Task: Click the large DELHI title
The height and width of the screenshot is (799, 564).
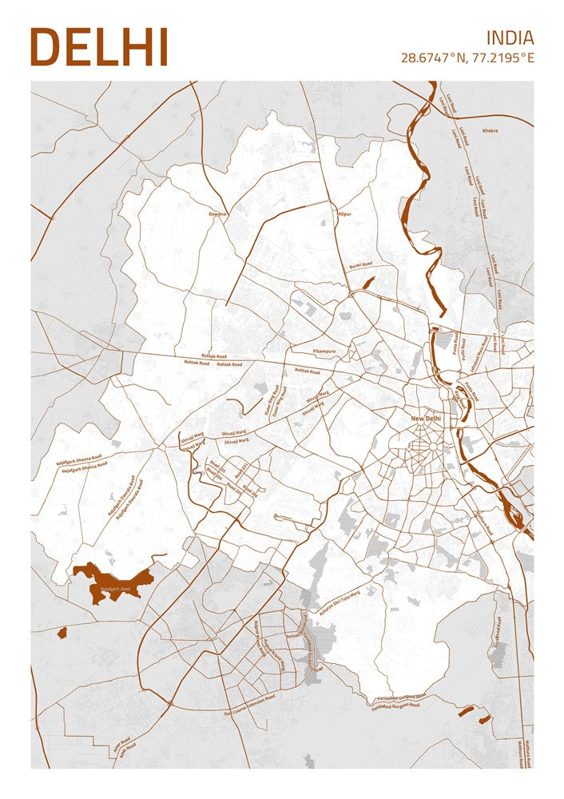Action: pos(99,47)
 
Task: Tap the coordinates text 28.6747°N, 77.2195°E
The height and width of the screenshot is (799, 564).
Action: pos(467,58)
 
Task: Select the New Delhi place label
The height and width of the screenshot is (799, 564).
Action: pos(425,419)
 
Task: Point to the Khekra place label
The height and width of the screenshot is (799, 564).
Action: pos(490,130)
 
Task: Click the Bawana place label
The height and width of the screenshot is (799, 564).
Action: pos(217,214)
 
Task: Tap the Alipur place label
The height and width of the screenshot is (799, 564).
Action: pos(344,215)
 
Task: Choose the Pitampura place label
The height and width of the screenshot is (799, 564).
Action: pos(302,351)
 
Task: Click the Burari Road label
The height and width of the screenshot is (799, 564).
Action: pos(360,265)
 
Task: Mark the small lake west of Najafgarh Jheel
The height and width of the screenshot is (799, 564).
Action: pos(62,633)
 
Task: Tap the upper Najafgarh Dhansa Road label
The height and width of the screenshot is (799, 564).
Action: pos(78,460)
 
